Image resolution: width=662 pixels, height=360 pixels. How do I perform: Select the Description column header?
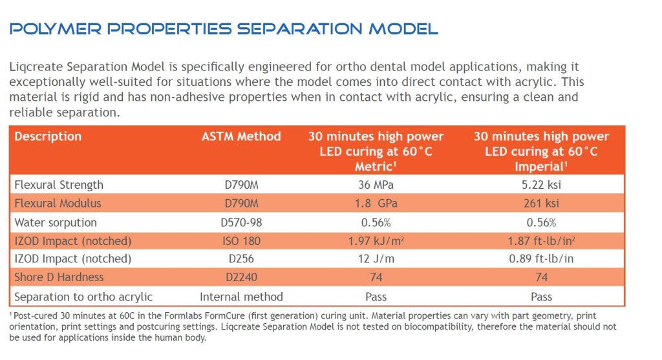tap(48, 136)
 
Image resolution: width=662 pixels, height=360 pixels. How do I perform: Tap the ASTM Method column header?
tap(241, 136)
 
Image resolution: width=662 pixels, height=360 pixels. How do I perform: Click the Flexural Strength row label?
tap(59, 185)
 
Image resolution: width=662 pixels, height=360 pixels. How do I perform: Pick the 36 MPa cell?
tap(376, 185)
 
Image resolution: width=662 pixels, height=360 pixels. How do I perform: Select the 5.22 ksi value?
tap(542, 185)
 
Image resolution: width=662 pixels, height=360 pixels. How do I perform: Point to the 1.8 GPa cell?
tap(376, 204)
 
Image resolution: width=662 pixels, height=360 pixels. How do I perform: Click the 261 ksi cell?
tap(542, 204)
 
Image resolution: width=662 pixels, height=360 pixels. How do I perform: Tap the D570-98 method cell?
tap(241, 222)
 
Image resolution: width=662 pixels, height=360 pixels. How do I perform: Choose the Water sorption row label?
tap(56, 222)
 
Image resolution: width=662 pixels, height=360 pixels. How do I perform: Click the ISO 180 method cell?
tap(241, 241)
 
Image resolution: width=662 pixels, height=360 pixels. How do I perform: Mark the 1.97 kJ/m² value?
tap(376, 241)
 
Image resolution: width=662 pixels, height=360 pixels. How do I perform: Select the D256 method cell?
tap(241, 259)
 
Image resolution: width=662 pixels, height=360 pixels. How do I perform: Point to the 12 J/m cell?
tap(376, 259)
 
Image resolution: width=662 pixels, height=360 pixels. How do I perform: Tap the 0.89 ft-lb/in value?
tap(542, 259)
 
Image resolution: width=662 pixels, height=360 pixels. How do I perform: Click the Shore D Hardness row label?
tap(58, 278)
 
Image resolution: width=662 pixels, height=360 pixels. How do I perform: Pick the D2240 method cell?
tap(241, 278)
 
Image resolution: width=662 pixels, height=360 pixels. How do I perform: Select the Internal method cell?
tap(241, 297)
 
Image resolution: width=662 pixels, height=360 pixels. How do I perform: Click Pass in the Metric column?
tap(376, 297)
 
